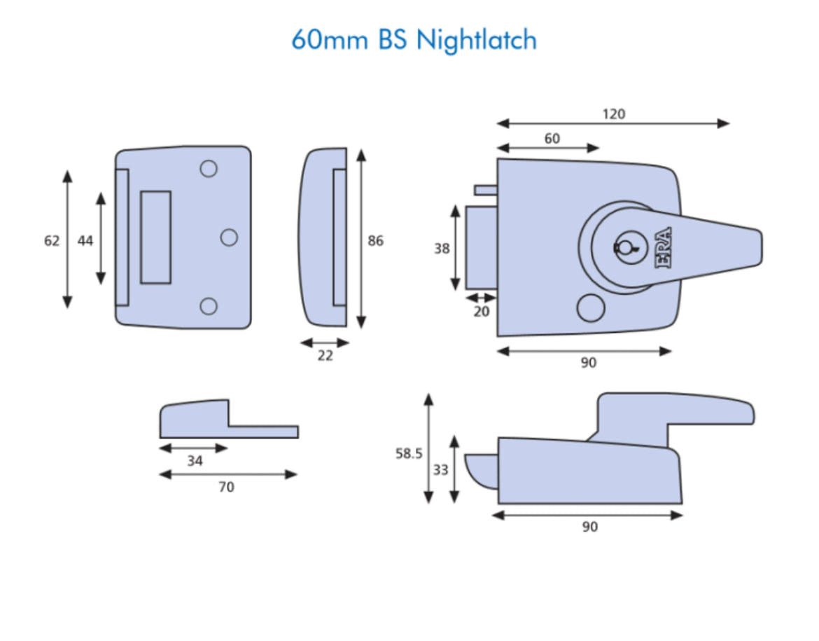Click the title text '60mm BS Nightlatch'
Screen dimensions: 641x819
(414, 40)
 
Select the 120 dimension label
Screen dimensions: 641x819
(613, 113)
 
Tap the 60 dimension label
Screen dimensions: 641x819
(552, 139)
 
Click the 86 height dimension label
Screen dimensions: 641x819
(376, 241)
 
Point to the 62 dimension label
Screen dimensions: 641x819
(52, 241)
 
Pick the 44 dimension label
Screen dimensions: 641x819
(85, 241)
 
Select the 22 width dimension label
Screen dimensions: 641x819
(325, 356)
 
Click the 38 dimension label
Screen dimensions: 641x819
(442, 248)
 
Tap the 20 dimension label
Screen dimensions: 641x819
(482, 312)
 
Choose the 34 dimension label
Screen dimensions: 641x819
(195, 460)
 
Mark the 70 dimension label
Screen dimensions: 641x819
(227, 487)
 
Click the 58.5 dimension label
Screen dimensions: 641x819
(409, 454)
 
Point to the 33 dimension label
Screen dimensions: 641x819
(440, 470)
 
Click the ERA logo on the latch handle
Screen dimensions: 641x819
(663, 248)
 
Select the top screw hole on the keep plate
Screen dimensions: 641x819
(209, 168)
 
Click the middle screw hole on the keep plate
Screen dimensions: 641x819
(229, 237)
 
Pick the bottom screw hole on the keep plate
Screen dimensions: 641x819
(209, 305)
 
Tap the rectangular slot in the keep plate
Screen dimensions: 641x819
(155, 237)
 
